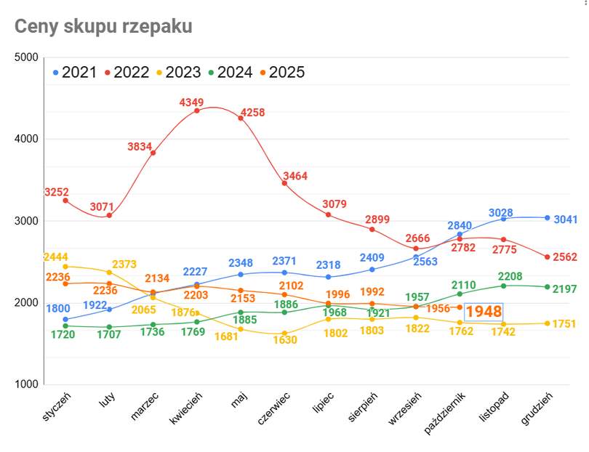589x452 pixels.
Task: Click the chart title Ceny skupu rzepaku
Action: pyautogui.click(x=103, y=26)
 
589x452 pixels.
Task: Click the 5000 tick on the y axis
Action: pyautogui.click(x=26, y=57)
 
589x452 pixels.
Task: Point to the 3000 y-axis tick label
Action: pyautogui.click(x=26, y=220)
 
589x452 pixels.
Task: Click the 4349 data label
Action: pyautogui.click(x=193, y=102)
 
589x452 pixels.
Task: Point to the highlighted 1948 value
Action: pyautogui.click(x=484, y=312)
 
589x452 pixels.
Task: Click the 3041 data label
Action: pyautogui.click(x=565, y=219)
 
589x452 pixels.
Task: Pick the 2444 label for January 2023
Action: pyautogui.click(x=56, y=257)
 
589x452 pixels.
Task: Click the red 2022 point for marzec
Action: pyautogui.click(x=153, y=153)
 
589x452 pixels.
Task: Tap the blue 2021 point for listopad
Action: pyautogui.click(x=503, y=219)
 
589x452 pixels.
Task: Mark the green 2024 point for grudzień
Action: pyautogui.click(x=547, y=286)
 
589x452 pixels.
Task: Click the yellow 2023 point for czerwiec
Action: pyautogui.click(x=284, y=334)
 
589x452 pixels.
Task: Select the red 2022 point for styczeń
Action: pyautogui.click(x=65, y=200)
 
